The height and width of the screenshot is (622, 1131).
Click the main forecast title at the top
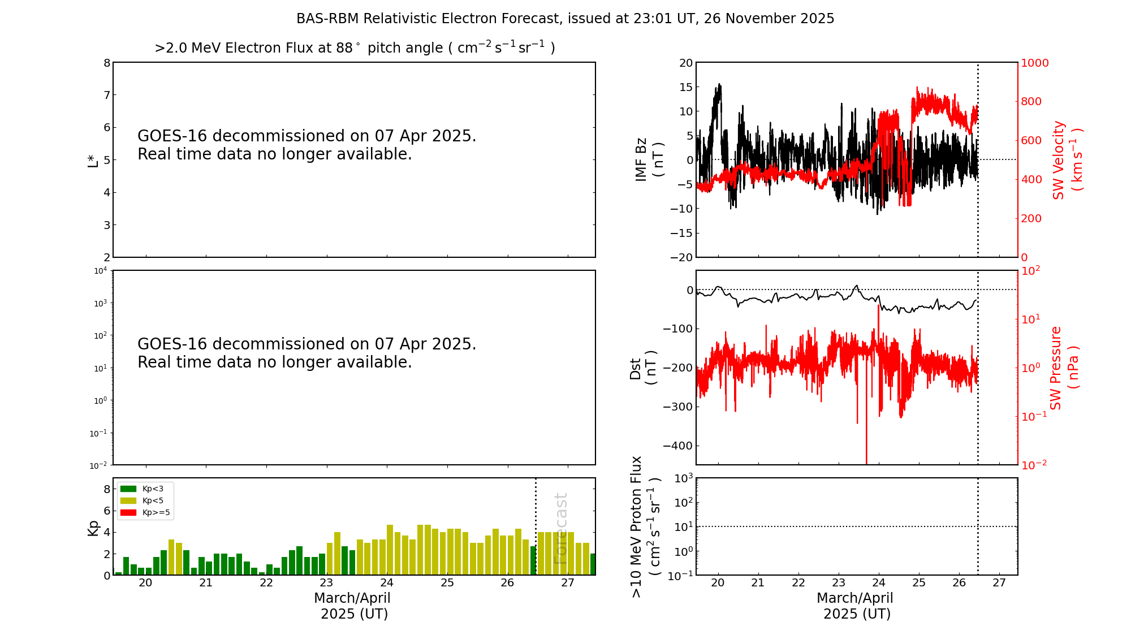[x=565, y=19]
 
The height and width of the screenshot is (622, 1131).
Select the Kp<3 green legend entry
[x=144, y=489]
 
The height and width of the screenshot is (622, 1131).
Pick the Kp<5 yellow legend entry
[x=144, y=500]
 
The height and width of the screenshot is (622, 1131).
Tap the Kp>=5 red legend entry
[x=145, y=513]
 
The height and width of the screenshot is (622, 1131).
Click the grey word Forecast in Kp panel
[x=560, y=529]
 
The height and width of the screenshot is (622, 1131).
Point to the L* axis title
[x=93, y=160]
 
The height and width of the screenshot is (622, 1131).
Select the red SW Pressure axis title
[x=1064, y=368]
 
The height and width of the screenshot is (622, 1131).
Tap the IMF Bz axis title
[x=649, y=160]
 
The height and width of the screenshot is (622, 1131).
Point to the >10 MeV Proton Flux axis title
[x=645, y=526]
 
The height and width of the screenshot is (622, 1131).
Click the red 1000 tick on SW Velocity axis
[x=1034, y=63]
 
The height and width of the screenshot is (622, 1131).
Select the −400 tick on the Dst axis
[x=681, y=446]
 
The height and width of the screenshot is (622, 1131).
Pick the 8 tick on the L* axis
[x=107, y=63]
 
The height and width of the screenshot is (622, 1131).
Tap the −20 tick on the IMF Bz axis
[x=681, y=257]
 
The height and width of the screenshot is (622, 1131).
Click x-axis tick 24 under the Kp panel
[x=387, y=583]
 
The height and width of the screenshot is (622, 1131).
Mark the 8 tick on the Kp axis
[x=107, y=489]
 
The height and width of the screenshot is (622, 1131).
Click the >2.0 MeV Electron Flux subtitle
[x=355, y=47]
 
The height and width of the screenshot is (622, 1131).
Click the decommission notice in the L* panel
[x=307, y=145]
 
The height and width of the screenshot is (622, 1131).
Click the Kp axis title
[x=93, y=528]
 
